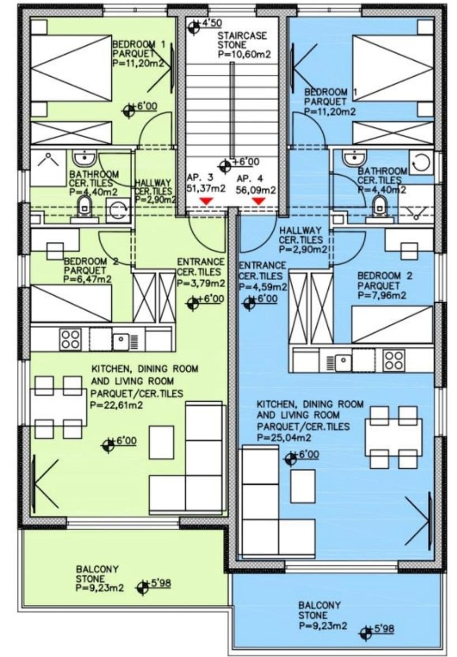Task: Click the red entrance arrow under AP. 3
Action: click(205, 201)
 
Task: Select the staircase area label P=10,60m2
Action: click(244, 54)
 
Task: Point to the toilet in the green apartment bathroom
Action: click(86, 207)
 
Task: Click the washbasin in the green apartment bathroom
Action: click(84, 158)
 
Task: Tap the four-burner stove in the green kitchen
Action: click(70, 339)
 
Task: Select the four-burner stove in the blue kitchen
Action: click(394, 359)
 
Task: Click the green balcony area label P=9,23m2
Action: click(100, 588)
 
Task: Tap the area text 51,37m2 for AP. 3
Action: click(206, 189)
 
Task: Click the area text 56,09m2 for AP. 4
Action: click(256, 190)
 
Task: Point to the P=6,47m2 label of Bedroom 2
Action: click(88, 279)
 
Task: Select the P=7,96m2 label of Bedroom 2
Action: click(382, 295)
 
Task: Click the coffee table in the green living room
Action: click(162, 443)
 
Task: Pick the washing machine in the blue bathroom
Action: click(420, 163)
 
